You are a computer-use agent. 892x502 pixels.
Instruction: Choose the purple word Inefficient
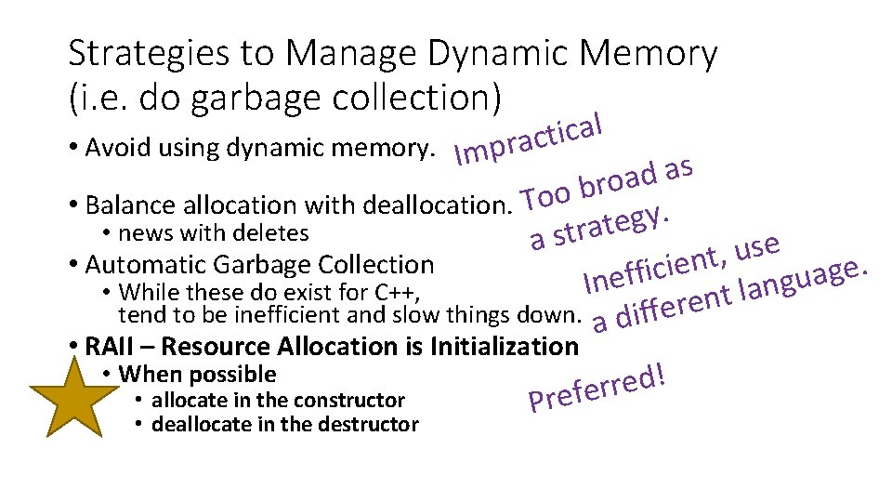coord(651,267)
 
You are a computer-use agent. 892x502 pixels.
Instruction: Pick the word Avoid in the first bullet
coord(111,148)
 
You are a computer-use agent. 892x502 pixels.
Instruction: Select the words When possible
coord(198,375)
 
